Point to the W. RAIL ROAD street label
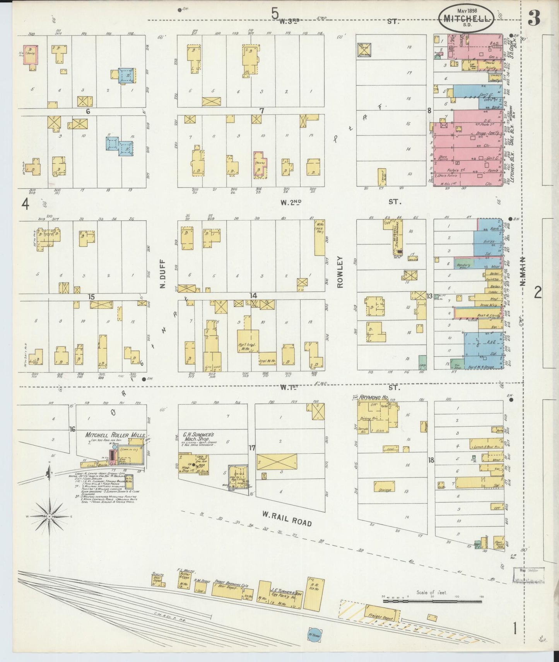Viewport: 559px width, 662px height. click(x=286, y=519)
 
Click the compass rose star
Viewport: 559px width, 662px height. click(x=50, y=516)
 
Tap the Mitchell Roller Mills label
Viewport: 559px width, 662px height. click(x=115, y=435)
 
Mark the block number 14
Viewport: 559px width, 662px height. click(x=253, y=296)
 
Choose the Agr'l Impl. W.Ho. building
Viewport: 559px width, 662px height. click(x=248, y=341)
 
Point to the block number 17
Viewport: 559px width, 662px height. click(x=252, y=448)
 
